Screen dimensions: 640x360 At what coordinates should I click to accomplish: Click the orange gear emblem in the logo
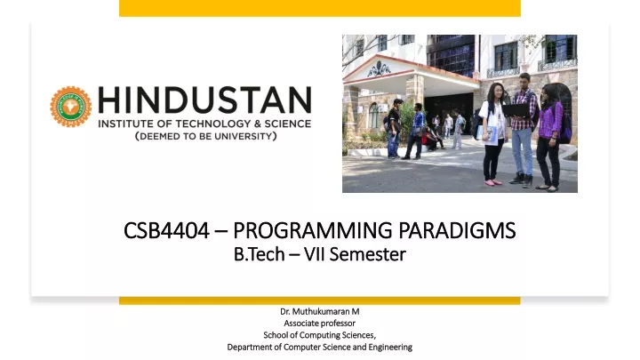[70, 107]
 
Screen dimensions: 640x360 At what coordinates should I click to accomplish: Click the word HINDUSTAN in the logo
[205, 100]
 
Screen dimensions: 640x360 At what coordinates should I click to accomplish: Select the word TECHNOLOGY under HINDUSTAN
[213, 124]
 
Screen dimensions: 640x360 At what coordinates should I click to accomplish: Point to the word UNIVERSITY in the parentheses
[242, 136]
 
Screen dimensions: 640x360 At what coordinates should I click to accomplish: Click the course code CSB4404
[166, 230]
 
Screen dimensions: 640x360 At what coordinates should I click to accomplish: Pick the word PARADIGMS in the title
[457, 230]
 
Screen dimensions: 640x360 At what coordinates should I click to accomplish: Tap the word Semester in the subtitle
[368, 254]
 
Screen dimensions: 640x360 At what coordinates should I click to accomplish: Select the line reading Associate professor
[320, 324]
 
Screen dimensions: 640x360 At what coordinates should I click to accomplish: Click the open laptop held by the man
[516, 110]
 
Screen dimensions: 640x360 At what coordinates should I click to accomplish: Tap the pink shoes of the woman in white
[493, 182]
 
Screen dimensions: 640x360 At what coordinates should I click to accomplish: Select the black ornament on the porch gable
[379, 69]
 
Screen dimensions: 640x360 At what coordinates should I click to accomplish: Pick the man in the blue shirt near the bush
[415, 131]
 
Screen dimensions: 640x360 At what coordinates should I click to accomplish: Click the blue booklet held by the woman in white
[490, 135]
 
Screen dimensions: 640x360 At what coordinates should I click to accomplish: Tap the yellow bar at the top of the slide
[320, 8]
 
